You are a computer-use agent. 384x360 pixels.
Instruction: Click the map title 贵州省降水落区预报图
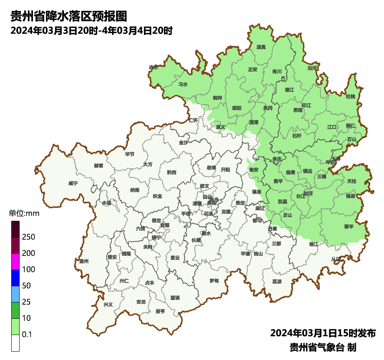point(68,17)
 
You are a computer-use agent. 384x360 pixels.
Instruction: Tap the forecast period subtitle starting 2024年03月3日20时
point(91,31)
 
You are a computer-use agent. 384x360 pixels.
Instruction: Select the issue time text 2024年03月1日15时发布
point(323,333)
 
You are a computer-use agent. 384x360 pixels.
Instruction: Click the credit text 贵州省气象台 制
point(323,347)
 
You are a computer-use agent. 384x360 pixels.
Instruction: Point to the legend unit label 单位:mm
point(24,214)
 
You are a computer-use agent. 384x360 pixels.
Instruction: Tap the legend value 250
point(29,237)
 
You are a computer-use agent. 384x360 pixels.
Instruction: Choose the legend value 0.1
point(27,335)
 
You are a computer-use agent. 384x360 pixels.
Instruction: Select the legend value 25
point(27,302)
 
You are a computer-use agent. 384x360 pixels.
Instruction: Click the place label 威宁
point(73,183)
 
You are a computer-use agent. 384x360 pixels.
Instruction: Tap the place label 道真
point(261,47)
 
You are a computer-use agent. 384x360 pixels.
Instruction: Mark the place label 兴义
point(108,305)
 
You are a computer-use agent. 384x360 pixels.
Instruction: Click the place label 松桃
point(350,97)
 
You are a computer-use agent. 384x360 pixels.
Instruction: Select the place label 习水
point(183,84)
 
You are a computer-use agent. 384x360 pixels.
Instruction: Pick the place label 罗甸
point(214,280)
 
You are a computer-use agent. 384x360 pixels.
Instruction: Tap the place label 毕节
point(130,154)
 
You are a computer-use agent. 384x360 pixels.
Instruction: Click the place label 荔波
point(277,282)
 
